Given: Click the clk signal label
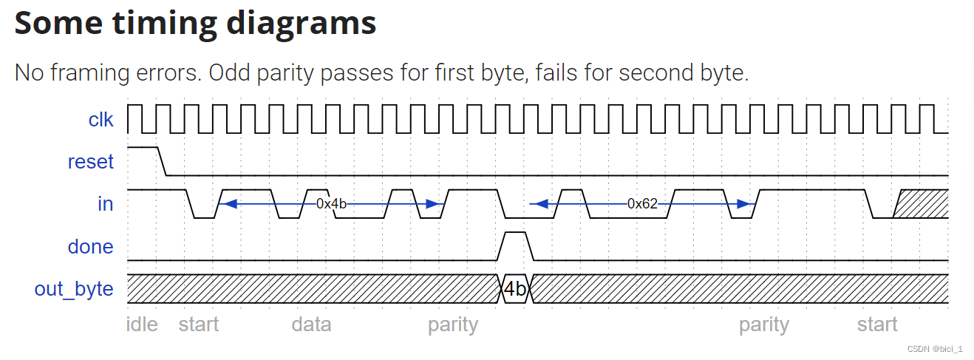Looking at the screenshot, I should [101, 119].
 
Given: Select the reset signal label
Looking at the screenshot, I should [90, 162].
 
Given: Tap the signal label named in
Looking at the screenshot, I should [106, 204].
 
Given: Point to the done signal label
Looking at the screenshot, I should [90, 247].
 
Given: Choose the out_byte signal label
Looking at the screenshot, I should [74, 289].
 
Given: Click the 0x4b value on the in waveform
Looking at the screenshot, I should [331, 204].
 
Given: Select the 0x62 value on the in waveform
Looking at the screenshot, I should [642, 204].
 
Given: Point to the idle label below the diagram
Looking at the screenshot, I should [143, 325].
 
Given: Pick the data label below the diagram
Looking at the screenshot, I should [311, 325].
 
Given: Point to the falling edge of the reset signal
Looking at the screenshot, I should [162, 162].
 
